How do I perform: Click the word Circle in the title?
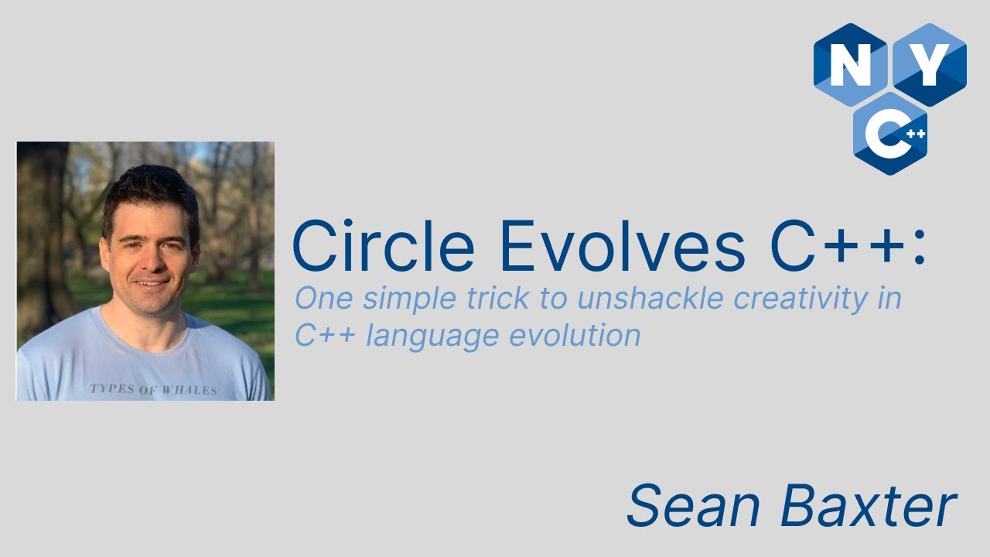click(383, 247)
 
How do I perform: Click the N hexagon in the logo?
click(850, 65)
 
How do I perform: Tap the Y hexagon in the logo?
click(930, 65)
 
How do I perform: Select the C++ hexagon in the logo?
click(890, 134)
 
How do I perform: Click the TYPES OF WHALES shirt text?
click(153, 389)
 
